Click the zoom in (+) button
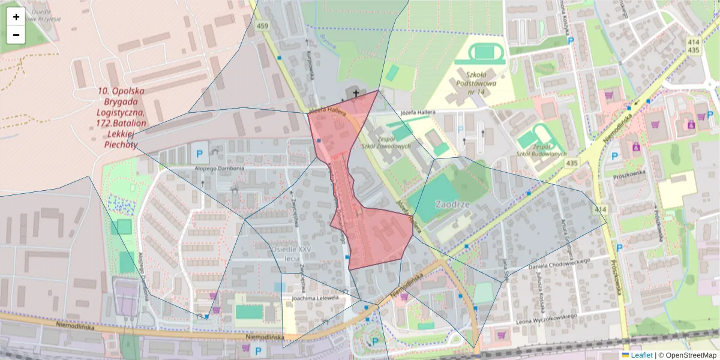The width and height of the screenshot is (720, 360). click(x=16, y=17)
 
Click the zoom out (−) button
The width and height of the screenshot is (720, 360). click(x=16, y=35)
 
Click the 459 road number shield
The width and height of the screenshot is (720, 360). click(x=262, y=26)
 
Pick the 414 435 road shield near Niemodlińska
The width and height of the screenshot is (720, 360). click(x=694, y=46)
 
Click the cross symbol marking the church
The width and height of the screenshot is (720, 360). click(x=356, y=93)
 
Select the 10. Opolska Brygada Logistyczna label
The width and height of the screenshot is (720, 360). click(x=121, y=117)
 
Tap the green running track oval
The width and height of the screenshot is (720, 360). click(x=483, y=52)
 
